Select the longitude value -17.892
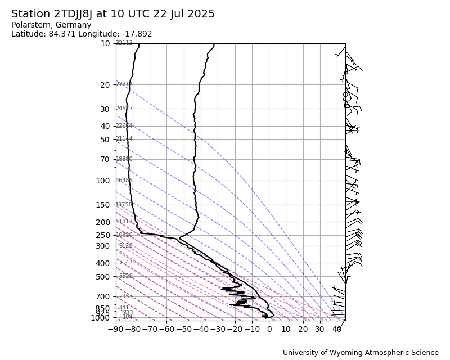pos(136,34)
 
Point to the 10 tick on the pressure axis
pos(105,43)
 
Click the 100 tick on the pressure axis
pos(103,181)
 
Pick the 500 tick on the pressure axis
pos(103,277)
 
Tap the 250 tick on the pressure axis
pos(103,235)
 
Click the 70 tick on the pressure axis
pos(105,159)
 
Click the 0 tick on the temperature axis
pos(269,328)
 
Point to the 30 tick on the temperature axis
pos(320,328)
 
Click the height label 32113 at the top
pos(124,43)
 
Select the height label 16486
pos(124,181)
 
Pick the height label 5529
pos(126,276)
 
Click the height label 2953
pos(126,296)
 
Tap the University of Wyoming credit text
pos(361,353)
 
